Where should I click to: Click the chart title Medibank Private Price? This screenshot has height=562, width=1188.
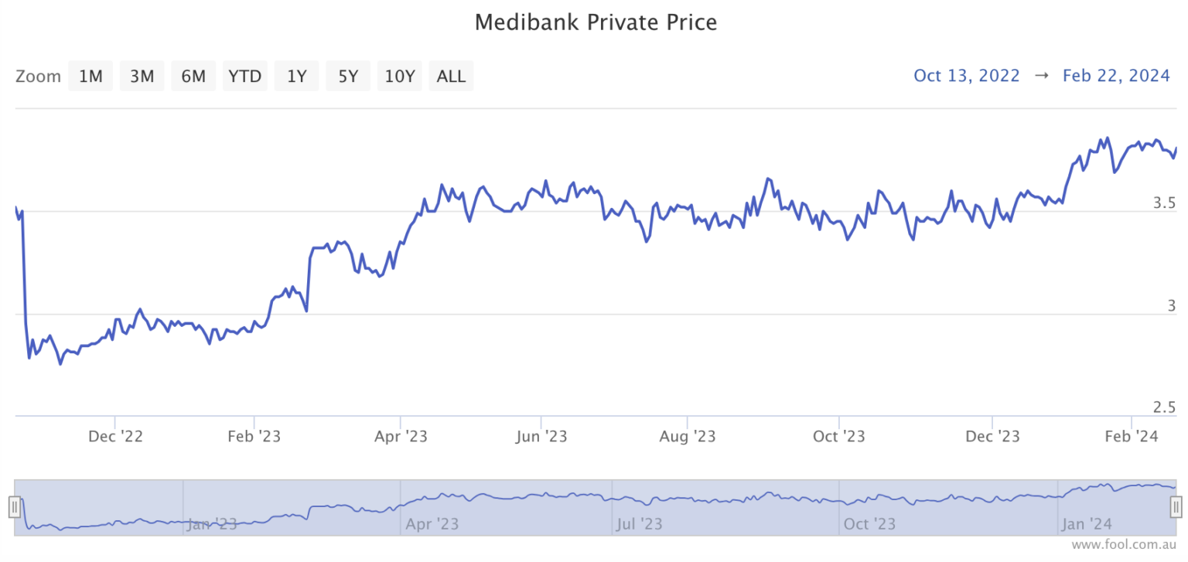pyautogui.click(x=596, y=22)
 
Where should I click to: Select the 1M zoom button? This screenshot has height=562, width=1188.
pyautogui.click(x=90, y=76)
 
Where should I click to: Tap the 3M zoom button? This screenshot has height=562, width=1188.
pyautogui.click(x=142, y=76)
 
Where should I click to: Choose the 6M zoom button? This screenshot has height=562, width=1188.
pyautogui.click(x=193, y=76)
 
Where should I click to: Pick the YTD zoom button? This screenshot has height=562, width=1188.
pyautogui.click(x=245, y=76)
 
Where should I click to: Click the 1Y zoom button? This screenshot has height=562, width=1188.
pyautogui.click(x=297, y=76)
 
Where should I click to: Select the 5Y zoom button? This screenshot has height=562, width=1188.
pyautogui.click(x=348, y=76)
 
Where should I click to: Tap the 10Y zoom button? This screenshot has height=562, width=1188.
pyautogui.click(x=400, y=76)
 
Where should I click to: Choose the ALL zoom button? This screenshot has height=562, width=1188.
pyautogui.click(x=451, y=76)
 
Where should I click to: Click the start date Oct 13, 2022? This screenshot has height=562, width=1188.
pyautogui.click(x=967, y=76)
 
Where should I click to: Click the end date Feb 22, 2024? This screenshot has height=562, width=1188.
pyautogui.click(x=1116, y=76)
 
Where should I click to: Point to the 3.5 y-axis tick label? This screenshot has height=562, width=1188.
pyautogui.click(x=1164, y=203)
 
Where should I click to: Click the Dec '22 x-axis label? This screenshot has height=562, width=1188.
pyautogui.click(x=115, y=437)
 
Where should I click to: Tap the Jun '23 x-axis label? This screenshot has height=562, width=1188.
pyautogui.click(x=541, y=437)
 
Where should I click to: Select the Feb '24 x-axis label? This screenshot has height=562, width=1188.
pyautogui.click(x=1131, y=437)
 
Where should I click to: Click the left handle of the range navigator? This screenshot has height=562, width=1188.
pyautogui.click(x=14, y=507)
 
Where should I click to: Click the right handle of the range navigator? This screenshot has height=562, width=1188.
pyautogui.click(x=1176, y=507)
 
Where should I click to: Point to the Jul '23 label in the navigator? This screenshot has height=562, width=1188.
pyautogui.click(x=640, y=524)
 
